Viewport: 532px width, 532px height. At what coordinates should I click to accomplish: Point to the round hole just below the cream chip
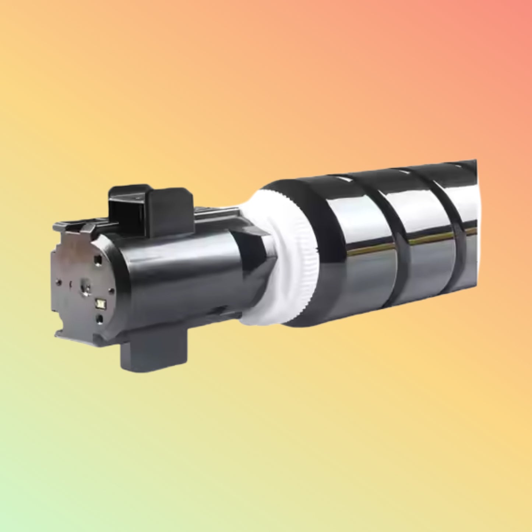(99, 319)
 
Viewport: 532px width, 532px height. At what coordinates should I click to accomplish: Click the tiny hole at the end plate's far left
(58, 282)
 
